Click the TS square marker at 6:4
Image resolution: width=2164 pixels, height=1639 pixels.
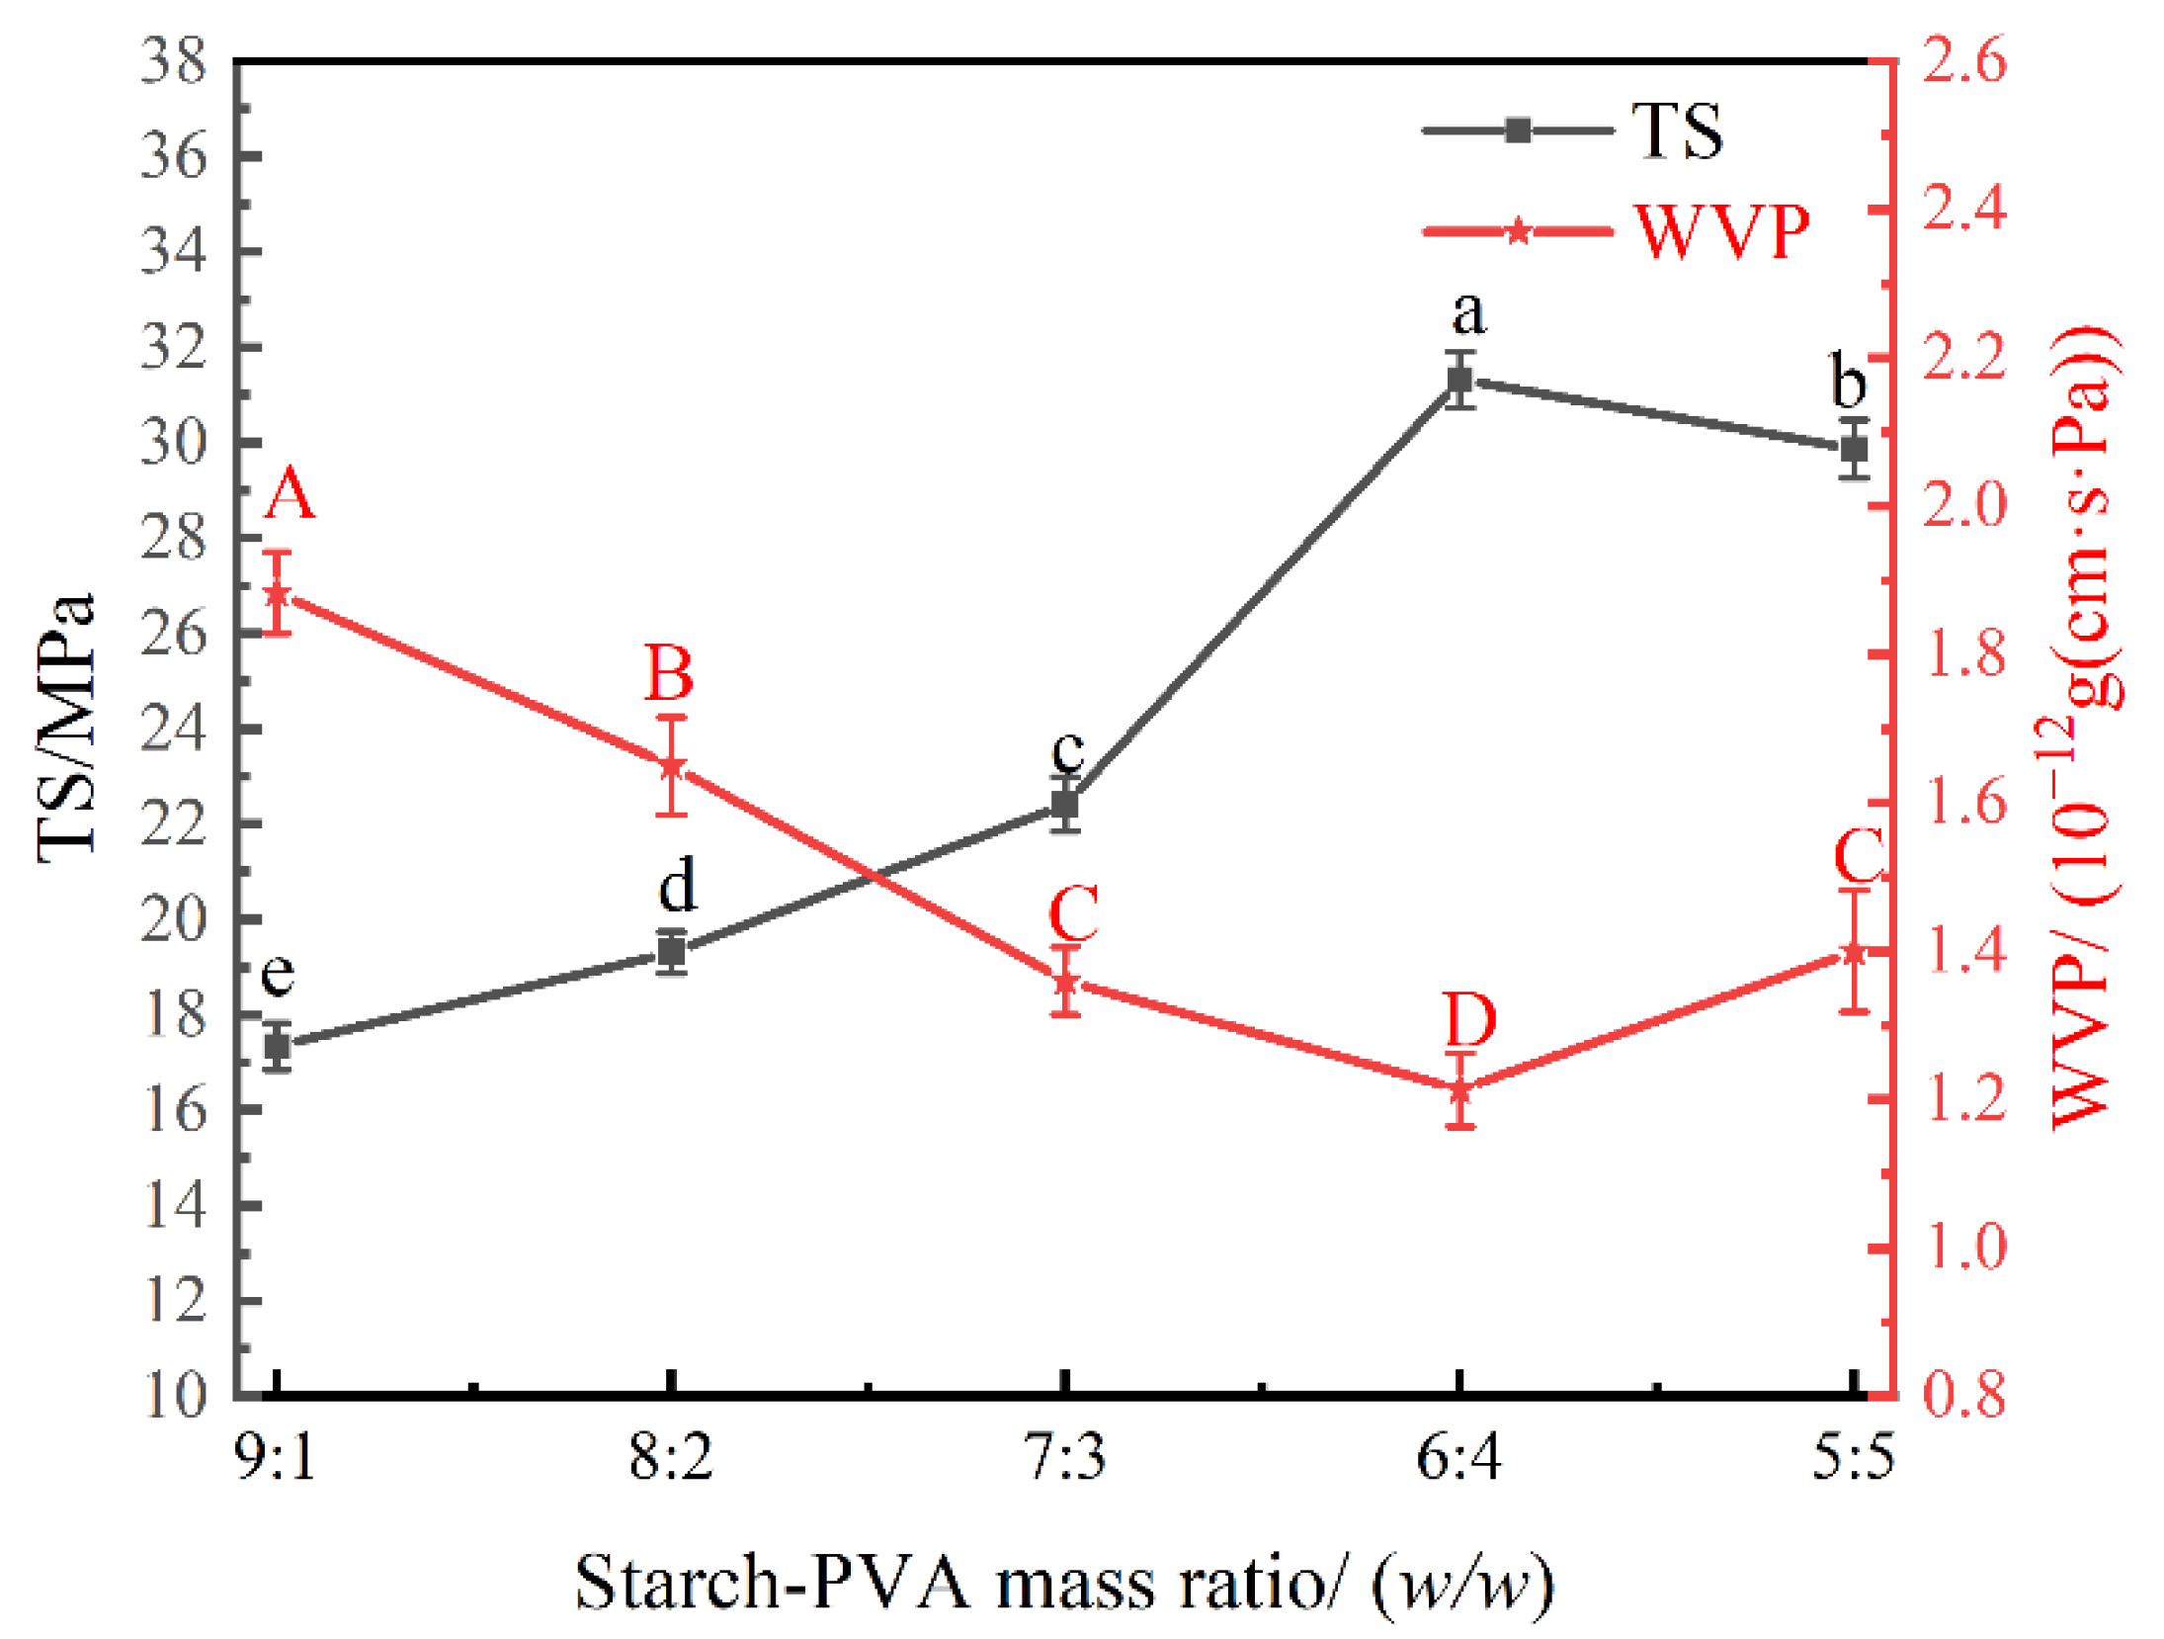point(1458,380)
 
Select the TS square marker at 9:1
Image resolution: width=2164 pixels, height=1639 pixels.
point(277,1046)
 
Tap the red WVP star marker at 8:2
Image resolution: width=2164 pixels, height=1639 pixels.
point(672,765)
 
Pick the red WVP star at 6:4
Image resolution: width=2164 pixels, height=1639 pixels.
point(1460,1090)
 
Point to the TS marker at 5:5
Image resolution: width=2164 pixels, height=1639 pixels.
point(1854,449)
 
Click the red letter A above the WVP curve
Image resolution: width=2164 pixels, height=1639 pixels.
point(289,494)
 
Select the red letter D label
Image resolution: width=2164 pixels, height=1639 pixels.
point(1469,1020)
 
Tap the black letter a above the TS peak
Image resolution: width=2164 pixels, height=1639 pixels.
point(1468,314)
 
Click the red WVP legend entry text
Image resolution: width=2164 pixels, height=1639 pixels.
point(1721,233)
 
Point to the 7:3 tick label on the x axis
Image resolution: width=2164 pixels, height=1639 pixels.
point(1064,1457)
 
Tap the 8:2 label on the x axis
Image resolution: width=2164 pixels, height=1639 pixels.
point(671,1457)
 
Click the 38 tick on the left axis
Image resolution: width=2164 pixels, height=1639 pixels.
point(173,61)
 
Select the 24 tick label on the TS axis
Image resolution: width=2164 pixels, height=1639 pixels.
point(173,730)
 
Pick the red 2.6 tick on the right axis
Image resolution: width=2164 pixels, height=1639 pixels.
point(1964,61)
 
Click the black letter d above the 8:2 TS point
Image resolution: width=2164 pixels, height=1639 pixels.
point(678,885)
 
